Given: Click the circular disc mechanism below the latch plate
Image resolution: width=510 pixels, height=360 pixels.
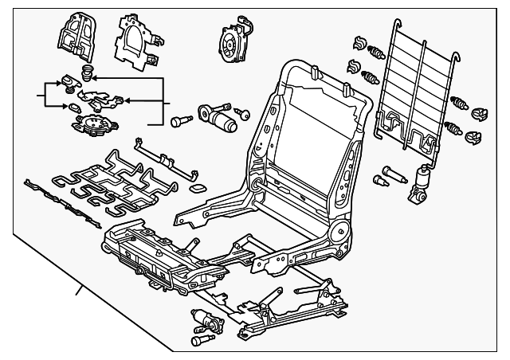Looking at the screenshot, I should [x=94, y=125].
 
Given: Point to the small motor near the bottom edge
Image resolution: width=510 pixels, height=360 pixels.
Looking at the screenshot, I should [x=206, y=323].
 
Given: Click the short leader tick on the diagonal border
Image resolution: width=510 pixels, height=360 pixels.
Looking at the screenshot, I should [x=79, y=292].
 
